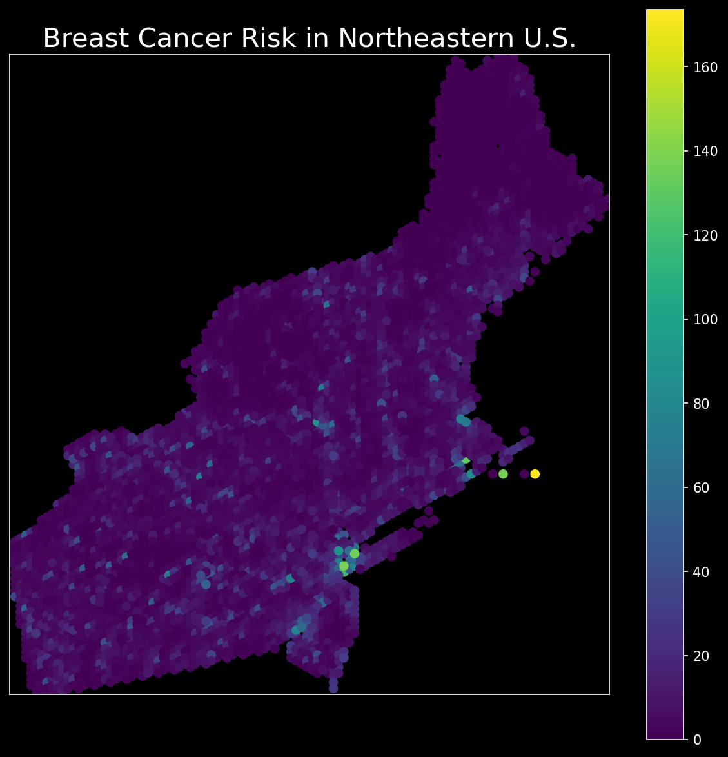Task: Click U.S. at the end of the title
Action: point(552,39)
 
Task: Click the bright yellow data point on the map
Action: point(535,474)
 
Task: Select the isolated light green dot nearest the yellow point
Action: point(503,474)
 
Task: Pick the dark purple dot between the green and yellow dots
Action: point(524,474)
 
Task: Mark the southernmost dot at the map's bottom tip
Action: point(333,688)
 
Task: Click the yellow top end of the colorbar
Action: point(665,14)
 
